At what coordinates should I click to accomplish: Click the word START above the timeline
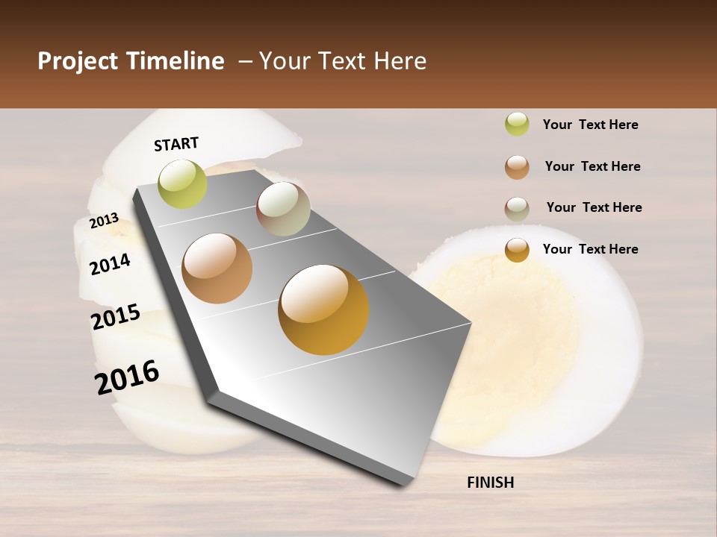(x=176, y=144)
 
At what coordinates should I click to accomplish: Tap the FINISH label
(x=490, y=483)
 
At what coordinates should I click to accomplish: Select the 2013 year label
(x=104, y=220)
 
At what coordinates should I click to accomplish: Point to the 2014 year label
(x=110, y=264)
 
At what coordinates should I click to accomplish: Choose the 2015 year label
(x=115, y=317)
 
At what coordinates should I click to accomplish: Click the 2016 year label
(x=127, y=377)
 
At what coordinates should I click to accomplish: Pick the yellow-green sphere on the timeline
(x=182, y=183)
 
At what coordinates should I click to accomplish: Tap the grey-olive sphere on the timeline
(x=283, y=209)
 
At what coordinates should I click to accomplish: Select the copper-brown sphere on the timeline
(x=217, y=268)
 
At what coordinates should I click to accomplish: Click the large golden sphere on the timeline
(x=323, y=310)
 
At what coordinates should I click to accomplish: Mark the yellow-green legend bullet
(x=517, y=125)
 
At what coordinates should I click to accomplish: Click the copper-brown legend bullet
(x=517, y=166)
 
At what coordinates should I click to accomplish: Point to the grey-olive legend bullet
(x=517, y=208)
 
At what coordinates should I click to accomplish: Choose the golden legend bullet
(x=517, y=250)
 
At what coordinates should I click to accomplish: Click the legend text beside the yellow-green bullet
(x=590, y=125)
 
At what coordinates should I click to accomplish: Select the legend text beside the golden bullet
(x=590, y=249)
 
